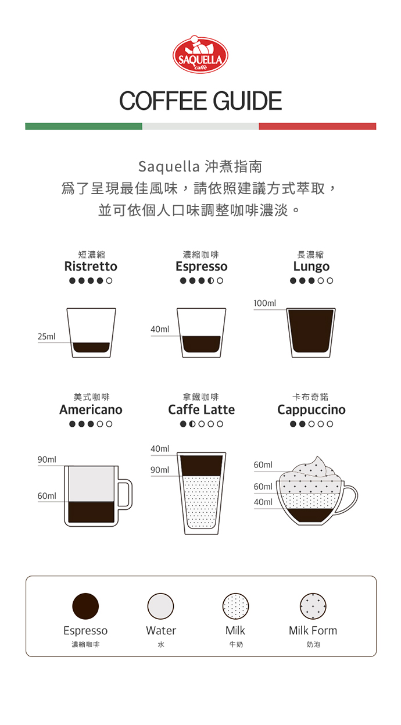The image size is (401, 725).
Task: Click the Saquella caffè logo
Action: pyautogui.click(x=201, y=55)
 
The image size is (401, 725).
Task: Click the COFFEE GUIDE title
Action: pyautogui.click(x=201, y=101)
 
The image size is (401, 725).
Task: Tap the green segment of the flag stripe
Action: pyautogui.click(x=84, y=126)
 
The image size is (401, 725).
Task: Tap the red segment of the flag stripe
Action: pyautogui.click(x=317, y=126)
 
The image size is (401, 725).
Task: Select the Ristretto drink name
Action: pyautogui.click(x=91, y=266)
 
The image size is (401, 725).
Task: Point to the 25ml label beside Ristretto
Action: pyautogui.click(x=46, y=337)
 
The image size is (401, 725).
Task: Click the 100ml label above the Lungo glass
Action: pyautogui.click(x=265, y=303)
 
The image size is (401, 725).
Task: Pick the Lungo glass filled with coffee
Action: pyautogui.click(x=311, y=333)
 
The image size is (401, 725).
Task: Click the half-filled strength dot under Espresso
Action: pyautogui.click(x=211, y=281)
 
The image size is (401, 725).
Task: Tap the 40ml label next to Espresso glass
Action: pyautogui.click(x=160, y=329)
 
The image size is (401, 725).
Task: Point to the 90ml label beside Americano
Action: pyautogui.click(x=47, y=460)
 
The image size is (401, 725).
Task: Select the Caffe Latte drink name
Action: pyautogui.click(x=201, y=410)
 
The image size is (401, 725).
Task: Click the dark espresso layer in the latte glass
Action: pyautogui.click(x=201, y=466)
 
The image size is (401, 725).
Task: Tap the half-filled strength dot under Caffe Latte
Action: pyautogui.click(x=192, y=424)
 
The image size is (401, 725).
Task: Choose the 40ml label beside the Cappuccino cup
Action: pyautogui.click(x=263, y=502)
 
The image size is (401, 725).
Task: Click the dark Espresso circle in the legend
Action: pyautogui.click(x=85, y=606)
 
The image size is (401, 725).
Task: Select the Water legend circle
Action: pyautogui.click(x=160, y=606)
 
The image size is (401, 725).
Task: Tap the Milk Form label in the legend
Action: pyautogui.click(x=313, y=630)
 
